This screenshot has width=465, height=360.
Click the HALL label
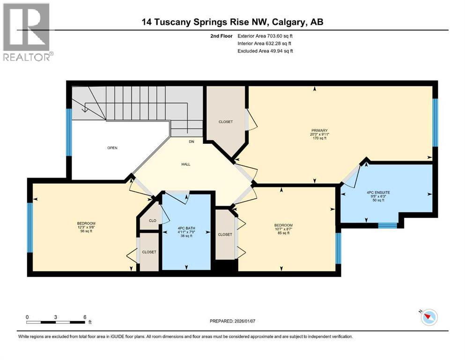186,164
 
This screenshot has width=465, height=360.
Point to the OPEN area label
112,148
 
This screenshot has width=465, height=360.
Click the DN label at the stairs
192,142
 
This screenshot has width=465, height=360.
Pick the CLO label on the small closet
152,220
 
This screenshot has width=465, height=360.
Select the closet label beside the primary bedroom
225,122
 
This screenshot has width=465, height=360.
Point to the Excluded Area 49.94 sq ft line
265,51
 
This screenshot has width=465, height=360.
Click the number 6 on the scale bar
85,317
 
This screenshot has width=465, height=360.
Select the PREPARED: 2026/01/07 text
235,321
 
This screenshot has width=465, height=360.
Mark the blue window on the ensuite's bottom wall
387,225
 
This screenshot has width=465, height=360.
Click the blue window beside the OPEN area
69,132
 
